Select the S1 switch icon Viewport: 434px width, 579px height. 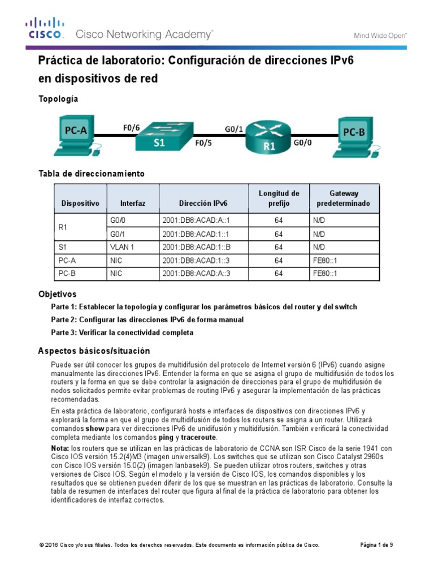point(159,136)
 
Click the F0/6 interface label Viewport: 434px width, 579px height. point(131,128)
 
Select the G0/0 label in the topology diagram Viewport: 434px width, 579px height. point(302,145)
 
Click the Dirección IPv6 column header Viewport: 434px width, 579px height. point(203,202)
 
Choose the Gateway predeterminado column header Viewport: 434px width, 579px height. point(344,198)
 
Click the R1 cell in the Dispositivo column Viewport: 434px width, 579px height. point(63,227)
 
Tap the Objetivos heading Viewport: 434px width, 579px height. point(57,295)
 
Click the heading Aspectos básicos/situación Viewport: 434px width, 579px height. point(94,351)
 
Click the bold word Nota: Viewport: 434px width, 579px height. point(60,448)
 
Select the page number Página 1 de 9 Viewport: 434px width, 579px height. point(376,545)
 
